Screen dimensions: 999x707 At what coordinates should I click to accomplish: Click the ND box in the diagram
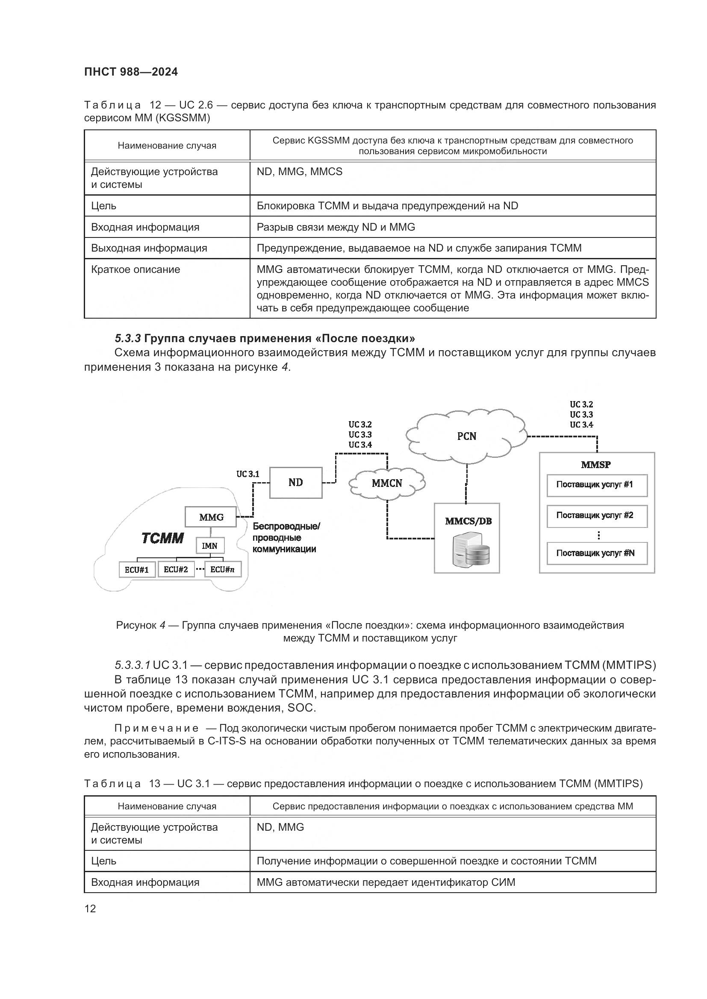click(296, 483)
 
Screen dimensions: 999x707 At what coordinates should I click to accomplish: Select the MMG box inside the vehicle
click(211, 517)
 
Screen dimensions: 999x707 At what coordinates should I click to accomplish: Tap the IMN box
click(210, 545)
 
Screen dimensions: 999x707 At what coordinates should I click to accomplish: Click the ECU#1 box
click(137, 570)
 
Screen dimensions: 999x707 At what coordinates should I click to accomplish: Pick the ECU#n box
click(222, 570)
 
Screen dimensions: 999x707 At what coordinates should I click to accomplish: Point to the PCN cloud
click(466, 436)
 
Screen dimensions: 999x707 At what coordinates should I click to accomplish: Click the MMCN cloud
click(386, 483)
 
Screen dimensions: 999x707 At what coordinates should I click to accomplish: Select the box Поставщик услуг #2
click(596, 516)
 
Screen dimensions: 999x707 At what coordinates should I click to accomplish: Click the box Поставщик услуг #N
click(596, 553)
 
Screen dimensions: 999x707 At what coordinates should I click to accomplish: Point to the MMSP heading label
click(595, 464)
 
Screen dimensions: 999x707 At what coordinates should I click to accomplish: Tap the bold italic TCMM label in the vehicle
click(163, 538)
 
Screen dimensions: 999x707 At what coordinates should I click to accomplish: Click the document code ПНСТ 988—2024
click(131, 72)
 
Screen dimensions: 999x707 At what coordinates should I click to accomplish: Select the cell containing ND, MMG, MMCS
click(300, 172)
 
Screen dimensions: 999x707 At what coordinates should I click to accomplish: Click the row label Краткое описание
click(136, 270)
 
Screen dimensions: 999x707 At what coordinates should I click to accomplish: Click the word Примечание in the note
click(156, 728)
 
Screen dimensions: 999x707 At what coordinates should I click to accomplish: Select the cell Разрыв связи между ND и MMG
click(336, 227)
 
